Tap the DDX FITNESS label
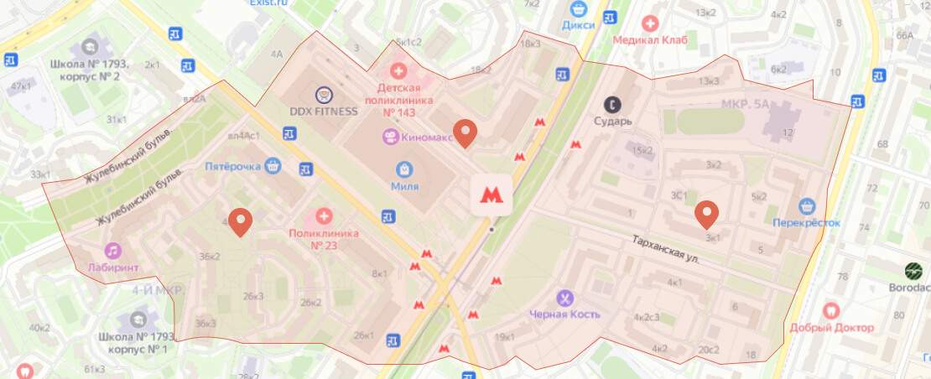(324, 112)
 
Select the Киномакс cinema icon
(389, 137)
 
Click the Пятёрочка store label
(232, 166)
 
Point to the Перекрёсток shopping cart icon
(807, 205)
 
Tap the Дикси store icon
(576, 8)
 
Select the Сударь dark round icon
(614, 105)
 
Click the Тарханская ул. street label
(664, 249)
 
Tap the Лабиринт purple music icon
(112, 250)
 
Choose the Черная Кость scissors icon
(565, 298)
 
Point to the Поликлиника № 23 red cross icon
(323, 217)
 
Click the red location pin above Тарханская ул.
(707, 215)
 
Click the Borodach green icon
(913, 271)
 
